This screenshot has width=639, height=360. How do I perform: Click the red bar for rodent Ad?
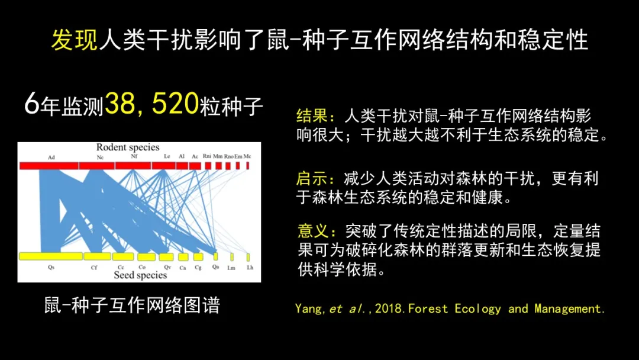pos(49,166)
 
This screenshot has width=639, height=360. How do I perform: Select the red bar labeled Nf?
pos(133,166)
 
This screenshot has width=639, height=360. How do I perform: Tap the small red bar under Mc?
pos(247,166)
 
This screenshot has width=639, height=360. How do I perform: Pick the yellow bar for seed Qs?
pos(51,256)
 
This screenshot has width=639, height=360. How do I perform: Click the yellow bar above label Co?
pos(146,256)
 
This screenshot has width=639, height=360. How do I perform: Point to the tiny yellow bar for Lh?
pos(248,257)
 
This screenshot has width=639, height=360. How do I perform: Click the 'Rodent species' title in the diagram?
pos(128,147)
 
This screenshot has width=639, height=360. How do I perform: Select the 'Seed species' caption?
pos(140,275)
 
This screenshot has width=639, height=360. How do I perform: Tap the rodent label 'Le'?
pos(167,156)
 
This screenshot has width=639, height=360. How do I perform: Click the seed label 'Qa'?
pos(215,266)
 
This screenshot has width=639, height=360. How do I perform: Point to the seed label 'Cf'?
pos(94,268)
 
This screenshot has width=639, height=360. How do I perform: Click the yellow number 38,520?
pos(151,104)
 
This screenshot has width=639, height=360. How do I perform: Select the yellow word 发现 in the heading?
pos(75,40)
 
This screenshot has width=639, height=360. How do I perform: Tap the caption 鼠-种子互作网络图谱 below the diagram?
pos(132,305)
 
